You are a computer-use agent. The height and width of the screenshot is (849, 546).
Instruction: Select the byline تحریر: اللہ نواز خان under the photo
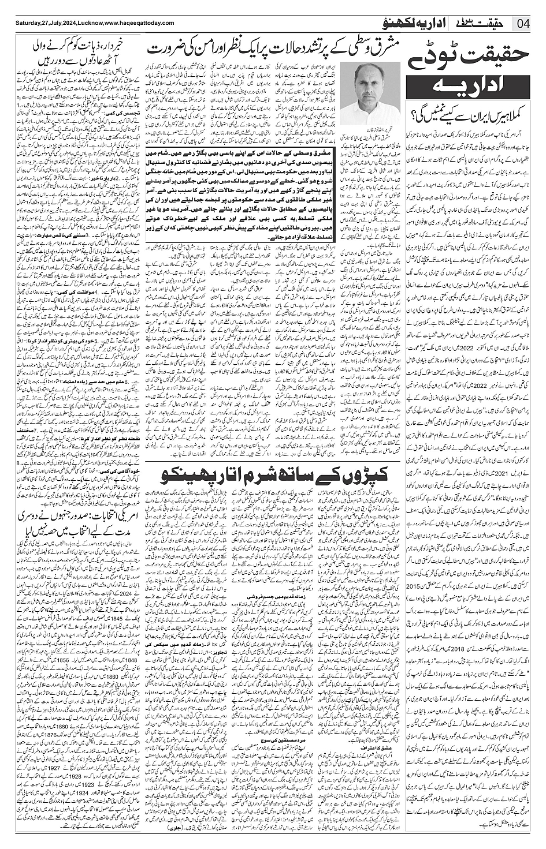point(363,124)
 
